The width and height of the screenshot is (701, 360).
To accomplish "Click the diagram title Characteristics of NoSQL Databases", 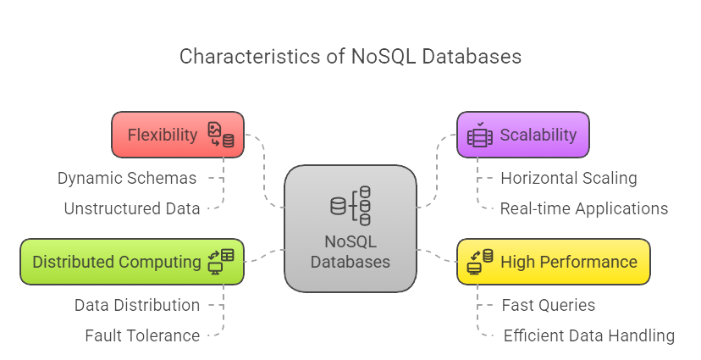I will point(350,57).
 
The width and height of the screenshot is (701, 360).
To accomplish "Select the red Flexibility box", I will point(178,135).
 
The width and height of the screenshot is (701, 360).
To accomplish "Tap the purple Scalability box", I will point(522,135).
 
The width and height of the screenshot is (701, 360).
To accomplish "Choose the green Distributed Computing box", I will point(132,261).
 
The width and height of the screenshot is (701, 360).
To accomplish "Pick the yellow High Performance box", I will point(553,261).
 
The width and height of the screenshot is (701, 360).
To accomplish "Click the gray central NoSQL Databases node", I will point(350,227).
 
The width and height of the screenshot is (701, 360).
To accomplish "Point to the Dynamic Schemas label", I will point(127,178).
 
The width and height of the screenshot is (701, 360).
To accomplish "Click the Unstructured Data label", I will point(132,208).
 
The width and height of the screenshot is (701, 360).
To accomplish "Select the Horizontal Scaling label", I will point(568,178).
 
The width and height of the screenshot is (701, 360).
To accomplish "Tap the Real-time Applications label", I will point(583,208).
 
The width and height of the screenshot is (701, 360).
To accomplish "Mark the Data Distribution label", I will point(137,305).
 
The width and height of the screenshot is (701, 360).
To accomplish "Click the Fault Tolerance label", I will point(142,335).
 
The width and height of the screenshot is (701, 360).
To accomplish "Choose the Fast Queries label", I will point(548,305).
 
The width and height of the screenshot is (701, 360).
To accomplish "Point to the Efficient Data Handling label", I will point(588,335).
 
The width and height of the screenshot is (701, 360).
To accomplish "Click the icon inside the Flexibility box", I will point(222,135).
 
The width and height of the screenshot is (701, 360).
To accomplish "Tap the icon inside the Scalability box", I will point(479,135).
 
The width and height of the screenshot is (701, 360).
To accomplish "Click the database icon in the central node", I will point(350,206).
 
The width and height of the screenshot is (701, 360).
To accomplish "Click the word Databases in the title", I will point(473,57).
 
